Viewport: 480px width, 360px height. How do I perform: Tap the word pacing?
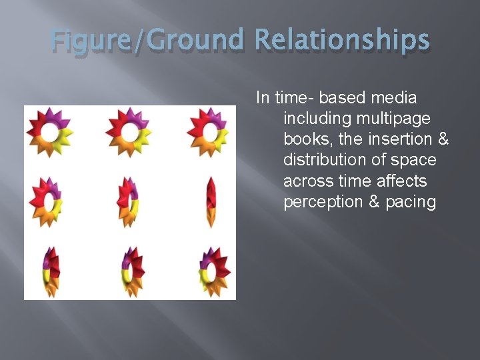point(411,202)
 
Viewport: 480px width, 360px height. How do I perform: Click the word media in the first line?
point(393,98)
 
